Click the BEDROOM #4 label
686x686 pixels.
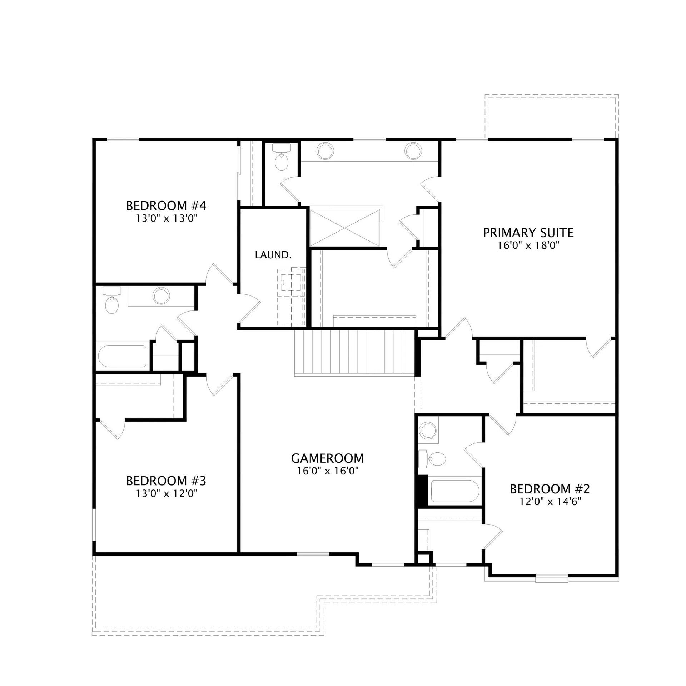(166, 206)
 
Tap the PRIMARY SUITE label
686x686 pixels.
(528, 233)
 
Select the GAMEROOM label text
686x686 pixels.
(327, 458)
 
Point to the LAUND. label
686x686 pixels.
(273, 255)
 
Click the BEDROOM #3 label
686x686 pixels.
(166, 481)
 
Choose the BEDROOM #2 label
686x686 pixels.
(550, 489)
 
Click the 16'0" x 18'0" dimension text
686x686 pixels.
(528, 246)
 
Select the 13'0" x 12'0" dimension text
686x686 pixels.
(166, 494)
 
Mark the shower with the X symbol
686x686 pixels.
(344, 228)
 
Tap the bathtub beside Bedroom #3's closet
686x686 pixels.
(122, 356)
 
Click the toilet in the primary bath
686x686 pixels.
(282, 158)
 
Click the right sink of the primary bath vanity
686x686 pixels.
(413, 151)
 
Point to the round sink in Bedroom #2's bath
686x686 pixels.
(428, 430)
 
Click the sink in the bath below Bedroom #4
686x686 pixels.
(161, 295)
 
